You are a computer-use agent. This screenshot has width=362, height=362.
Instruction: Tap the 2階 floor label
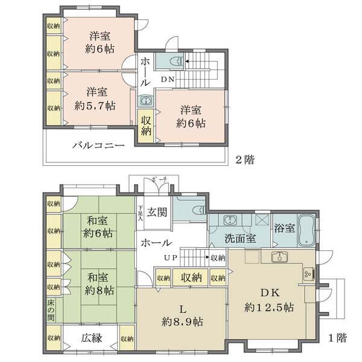coord(245,160)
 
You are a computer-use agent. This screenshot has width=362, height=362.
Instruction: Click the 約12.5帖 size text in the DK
coord(269,306)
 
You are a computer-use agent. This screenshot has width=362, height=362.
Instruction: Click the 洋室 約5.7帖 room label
coord(96,98)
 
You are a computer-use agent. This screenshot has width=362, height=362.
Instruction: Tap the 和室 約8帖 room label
coord(96,284)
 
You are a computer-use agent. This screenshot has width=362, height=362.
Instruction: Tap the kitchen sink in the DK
coord(279,258)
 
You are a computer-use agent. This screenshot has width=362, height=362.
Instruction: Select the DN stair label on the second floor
coord(167,78)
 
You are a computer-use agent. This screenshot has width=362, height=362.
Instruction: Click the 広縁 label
coord(91,338)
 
